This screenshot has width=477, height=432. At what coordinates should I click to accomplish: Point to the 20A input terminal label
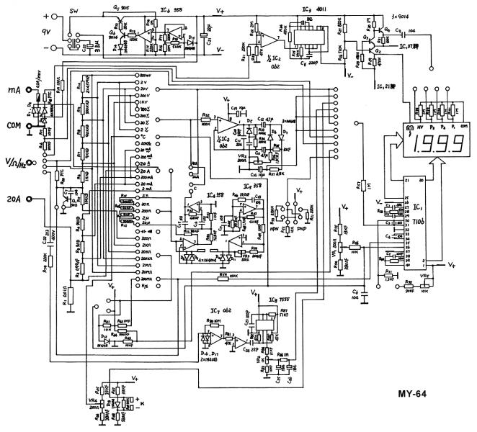14,199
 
